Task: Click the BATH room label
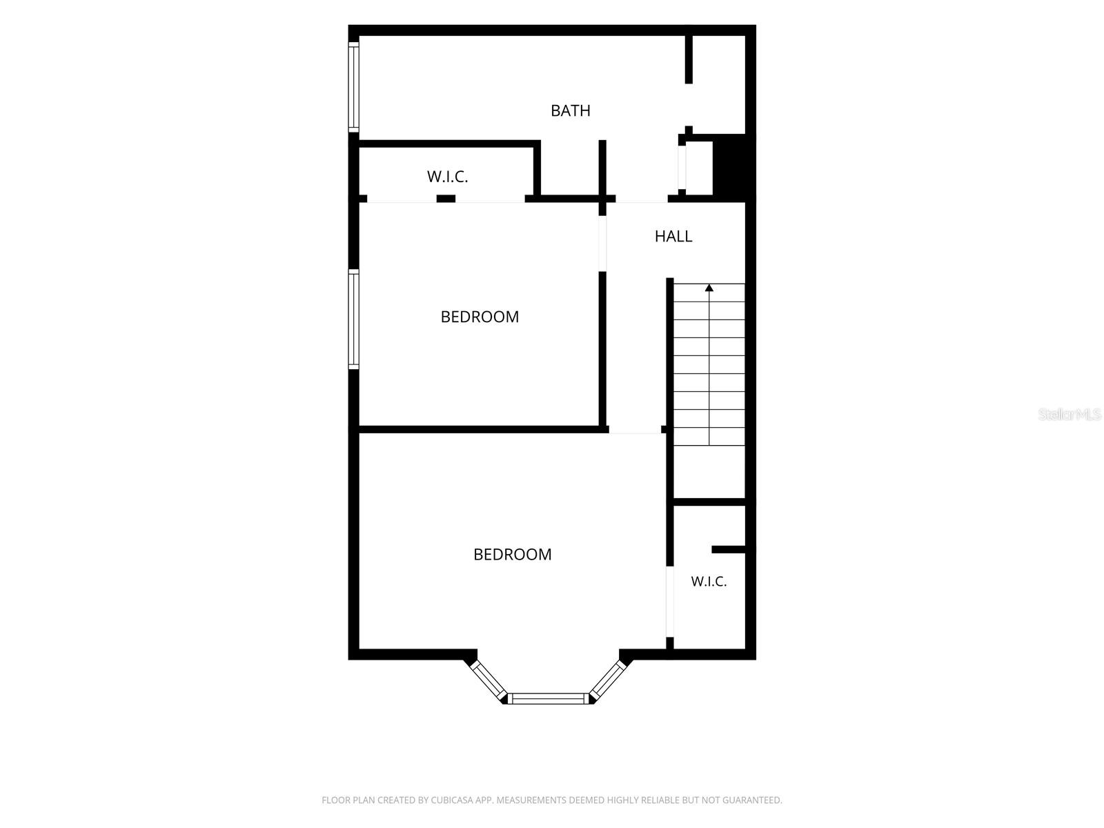tap(570, 110)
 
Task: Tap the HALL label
tap(673, 236)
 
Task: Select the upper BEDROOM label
tap(480, 317)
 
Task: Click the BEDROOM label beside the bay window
tap(512, 555)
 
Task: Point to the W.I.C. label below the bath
tap(447, 177)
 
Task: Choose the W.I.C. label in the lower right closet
tap(708, 581)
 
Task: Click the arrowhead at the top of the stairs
tap(709, 288)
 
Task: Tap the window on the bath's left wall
tap(353, 87)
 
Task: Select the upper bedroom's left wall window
tap(353, 319)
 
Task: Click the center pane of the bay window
tap(548, 698)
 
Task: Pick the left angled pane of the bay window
tap(489, 680)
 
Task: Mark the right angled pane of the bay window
tap(608, 680)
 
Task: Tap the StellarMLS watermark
tap(1069, 414)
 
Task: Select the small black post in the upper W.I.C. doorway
tap(446, 199)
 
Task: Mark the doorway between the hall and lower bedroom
tap(635, 430)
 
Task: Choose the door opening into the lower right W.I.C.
tap(669, 602)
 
